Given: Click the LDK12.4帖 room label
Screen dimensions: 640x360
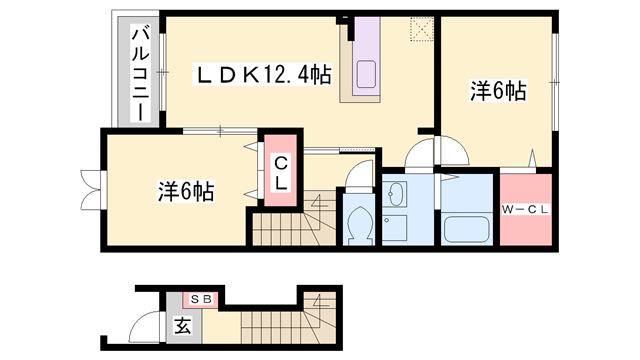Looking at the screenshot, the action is pos(262,75).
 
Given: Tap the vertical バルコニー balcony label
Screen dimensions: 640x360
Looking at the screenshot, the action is pos(140,73).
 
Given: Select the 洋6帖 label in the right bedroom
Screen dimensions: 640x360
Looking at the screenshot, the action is pos(498,91).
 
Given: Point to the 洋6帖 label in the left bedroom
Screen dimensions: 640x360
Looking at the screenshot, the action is pos(186,191).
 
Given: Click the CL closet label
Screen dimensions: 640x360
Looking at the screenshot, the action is pos(281,173).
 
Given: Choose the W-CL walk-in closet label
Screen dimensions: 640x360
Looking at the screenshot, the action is pos(525,210).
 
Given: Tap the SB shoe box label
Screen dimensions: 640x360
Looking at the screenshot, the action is pos(201,299).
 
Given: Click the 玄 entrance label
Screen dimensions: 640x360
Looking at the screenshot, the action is pos(183,326).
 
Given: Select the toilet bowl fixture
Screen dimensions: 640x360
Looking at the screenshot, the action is pos(359,224).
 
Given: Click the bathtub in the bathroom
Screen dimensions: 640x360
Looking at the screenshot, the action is pos(467,229).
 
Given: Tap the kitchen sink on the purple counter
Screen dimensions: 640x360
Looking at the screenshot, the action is pos(366,74).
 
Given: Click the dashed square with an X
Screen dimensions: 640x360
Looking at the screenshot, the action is pos(422,29).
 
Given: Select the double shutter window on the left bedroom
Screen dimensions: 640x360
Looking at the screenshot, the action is pos(92,189).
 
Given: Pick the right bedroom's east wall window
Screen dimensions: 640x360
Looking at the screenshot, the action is pos(555,82).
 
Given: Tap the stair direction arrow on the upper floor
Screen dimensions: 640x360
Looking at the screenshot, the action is pos(318,203).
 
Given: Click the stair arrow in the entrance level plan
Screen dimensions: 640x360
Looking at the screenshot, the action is pos(320,302).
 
